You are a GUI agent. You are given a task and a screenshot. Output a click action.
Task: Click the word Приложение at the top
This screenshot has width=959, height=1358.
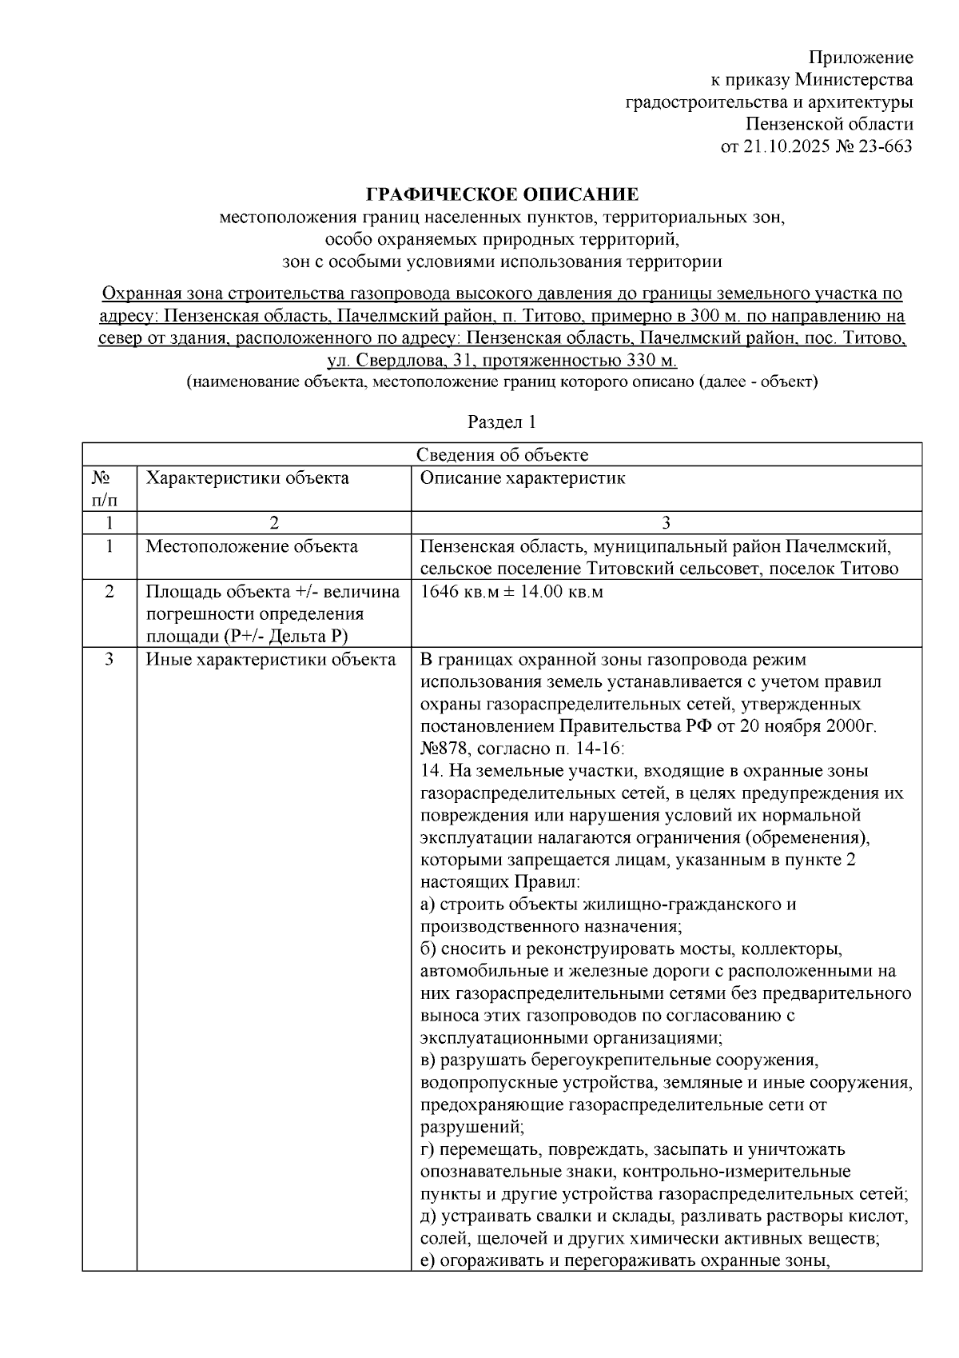(861, 58)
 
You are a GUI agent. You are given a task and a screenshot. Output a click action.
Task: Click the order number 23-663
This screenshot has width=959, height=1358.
(885, 146)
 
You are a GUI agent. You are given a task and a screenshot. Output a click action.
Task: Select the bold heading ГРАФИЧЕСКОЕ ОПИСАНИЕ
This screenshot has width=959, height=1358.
(503, 194)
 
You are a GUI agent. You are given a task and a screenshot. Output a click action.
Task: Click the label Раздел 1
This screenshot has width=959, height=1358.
(502, 421)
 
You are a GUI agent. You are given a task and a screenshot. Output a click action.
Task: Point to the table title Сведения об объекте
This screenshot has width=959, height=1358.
(502, 455)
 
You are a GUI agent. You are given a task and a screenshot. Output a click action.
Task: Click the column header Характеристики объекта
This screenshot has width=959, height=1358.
(247, 478)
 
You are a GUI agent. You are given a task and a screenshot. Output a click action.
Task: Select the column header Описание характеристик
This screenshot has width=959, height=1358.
(523, 478)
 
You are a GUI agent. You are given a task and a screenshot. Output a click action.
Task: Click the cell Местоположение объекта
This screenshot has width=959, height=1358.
(252, 547)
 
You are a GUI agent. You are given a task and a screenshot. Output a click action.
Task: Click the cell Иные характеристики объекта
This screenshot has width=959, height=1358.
(270, 660)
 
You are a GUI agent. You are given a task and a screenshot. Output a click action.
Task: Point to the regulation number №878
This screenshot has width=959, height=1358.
(444, 749)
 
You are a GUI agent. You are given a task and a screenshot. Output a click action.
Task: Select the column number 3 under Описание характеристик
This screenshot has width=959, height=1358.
(666, 523)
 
